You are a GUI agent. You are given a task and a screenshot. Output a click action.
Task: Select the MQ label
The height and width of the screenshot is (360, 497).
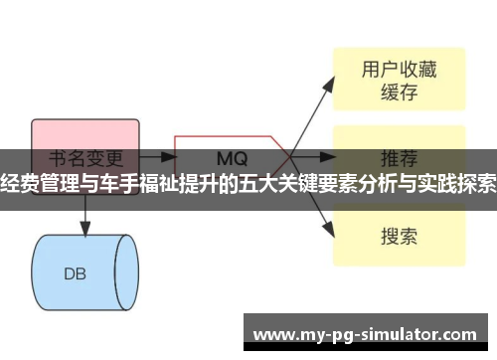click(232, 158)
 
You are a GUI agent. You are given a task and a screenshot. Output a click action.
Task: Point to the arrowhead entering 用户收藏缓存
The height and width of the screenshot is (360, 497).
click(331, 81)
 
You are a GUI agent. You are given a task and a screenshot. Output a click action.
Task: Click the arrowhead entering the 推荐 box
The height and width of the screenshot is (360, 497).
click(331, 157)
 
